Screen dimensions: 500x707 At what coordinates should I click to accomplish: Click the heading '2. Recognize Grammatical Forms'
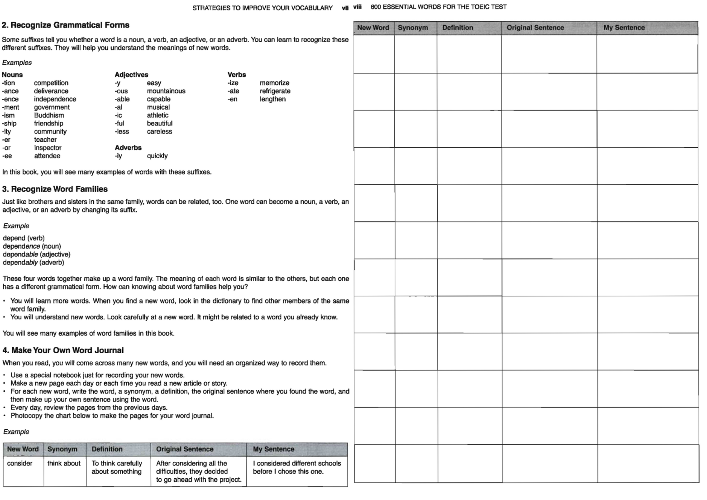(66, 25)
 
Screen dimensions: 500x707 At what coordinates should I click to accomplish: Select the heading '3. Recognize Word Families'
(55, 189)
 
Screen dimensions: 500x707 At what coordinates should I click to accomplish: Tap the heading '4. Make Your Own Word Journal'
(63, 351)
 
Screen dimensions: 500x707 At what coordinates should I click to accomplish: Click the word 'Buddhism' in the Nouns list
(49, 115)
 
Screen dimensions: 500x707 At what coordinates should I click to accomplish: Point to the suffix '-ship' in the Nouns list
(9, 124)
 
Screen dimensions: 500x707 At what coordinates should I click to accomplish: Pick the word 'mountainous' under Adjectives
(166, 91)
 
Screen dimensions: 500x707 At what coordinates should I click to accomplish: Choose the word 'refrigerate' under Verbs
(275, 91)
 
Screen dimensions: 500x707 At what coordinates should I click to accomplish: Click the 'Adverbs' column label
(128, 148)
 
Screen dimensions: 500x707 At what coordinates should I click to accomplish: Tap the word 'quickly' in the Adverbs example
(157, 156)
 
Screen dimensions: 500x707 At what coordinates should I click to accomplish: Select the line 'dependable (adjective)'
(37, 255)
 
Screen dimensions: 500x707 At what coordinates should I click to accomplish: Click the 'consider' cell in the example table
(20, 463)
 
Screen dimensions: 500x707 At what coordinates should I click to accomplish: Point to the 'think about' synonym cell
(64, 463)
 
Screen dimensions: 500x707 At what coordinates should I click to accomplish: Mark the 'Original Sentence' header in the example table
(185, 449)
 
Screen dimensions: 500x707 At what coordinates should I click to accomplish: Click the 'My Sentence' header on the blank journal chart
(624, 28)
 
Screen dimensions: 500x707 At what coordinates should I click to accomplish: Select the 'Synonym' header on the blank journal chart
(413, 28)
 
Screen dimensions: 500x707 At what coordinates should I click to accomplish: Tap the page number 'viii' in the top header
(357, 7)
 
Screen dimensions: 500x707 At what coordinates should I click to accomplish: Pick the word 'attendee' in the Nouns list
(47, 156)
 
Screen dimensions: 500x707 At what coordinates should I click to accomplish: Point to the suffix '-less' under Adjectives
(122, 132)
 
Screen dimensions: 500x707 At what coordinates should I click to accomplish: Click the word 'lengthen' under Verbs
(272, 99)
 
